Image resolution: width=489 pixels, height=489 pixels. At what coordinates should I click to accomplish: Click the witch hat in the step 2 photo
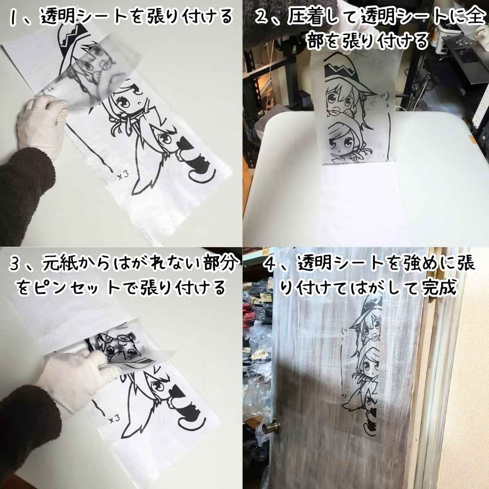click(x=344, y=67)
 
